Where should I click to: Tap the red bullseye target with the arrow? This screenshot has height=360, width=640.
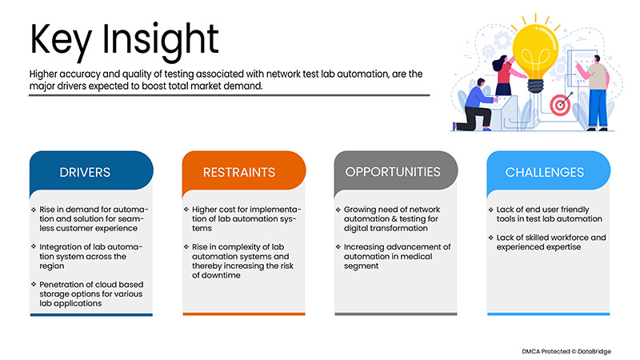pos(561,102)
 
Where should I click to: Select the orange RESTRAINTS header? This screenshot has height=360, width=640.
pos(243,172)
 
